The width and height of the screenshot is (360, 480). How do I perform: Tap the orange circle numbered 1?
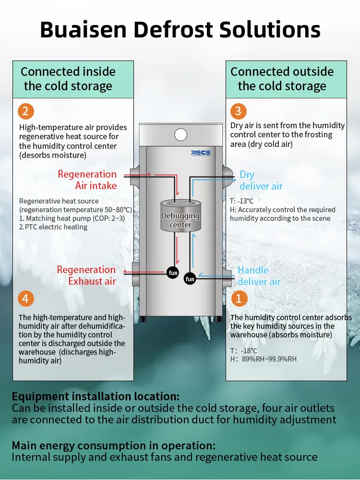pos(239,299)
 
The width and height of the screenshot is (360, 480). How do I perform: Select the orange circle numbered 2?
pos(26,112)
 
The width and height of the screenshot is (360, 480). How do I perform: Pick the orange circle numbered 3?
pos(239,112)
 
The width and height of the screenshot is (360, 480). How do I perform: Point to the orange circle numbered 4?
pos(26,299)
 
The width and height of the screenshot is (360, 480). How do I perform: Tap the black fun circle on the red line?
pos(173,273)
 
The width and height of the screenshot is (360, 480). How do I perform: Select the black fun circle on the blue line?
pos(190,279)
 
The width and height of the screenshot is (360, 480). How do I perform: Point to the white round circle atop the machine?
pos(180,135)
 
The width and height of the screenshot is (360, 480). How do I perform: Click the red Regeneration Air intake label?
pos(87,180)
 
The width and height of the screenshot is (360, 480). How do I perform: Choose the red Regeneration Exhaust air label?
pos(86,276)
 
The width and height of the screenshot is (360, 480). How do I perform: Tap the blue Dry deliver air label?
pos(261,180)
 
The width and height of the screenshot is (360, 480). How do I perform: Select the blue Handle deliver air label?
pos(259,276)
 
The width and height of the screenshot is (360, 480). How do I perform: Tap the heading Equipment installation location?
pos(96,396)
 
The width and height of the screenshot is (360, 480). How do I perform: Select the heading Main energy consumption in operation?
pos(113,445)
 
